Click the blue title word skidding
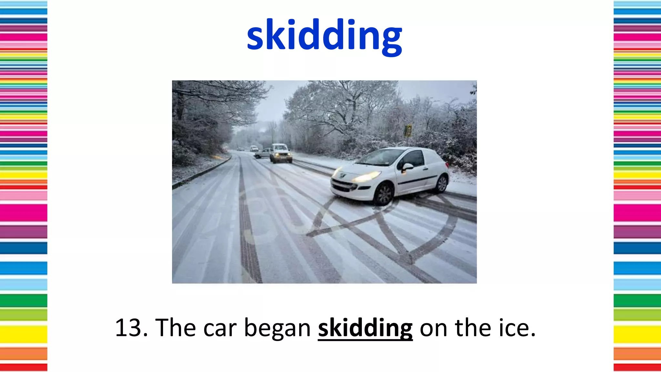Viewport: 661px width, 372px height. pos(324,36)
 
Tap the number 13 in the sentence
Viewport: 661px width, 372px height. pos(128,328)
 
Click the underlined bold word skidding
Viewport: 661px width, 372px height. pos(365,328)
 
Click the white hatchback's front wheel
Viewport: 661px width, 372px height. pos(384,194)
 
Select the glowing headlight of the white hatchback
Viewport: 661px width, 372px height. pos(367,176)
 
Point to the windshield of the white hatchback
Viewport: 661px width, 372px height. pos(381,157)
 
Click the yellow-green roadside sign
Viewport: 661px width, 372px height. pos(408,131)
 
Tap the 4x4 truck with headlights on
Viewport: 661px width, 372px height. pos(280,153)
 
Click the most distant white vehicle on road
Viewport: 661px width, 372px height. pos(254,148)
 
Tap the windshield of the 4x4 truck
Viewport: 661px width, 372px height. pos(280,148)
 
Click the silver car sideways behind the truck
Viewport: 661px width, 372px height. pos(262,153)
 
